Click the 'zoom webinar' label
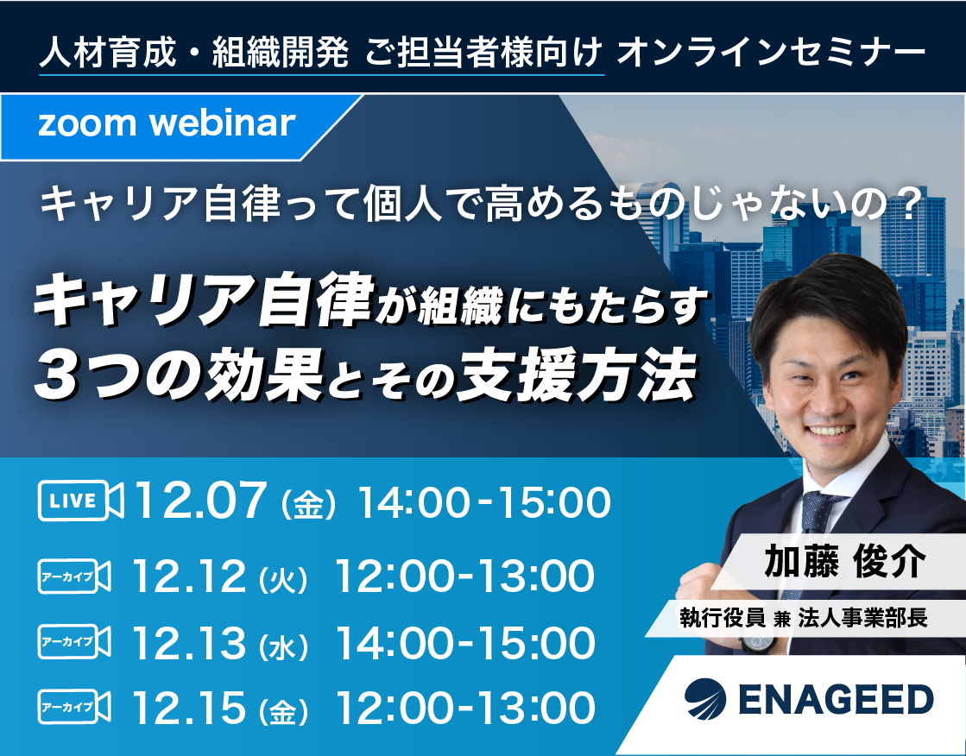point(167,123)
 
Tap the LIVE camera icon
point(80,501)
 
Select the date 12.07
point(200,501)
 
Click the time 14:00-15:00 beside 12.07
point(484,502)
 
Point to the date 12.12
point(190,576)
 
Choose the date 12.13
point(190,643)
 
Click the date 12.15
point(190,708)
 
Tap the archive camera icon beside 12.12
point(74,576)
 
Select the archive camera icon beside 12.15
point(74,707)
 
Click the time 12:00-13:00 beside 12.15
point(465,708)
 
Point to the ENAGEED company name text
point(836,699)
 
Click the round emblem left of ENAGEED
point(705,699)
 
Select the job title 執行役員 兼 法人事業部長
point(804,617)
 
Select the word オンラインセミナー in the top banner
point(771,53)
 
